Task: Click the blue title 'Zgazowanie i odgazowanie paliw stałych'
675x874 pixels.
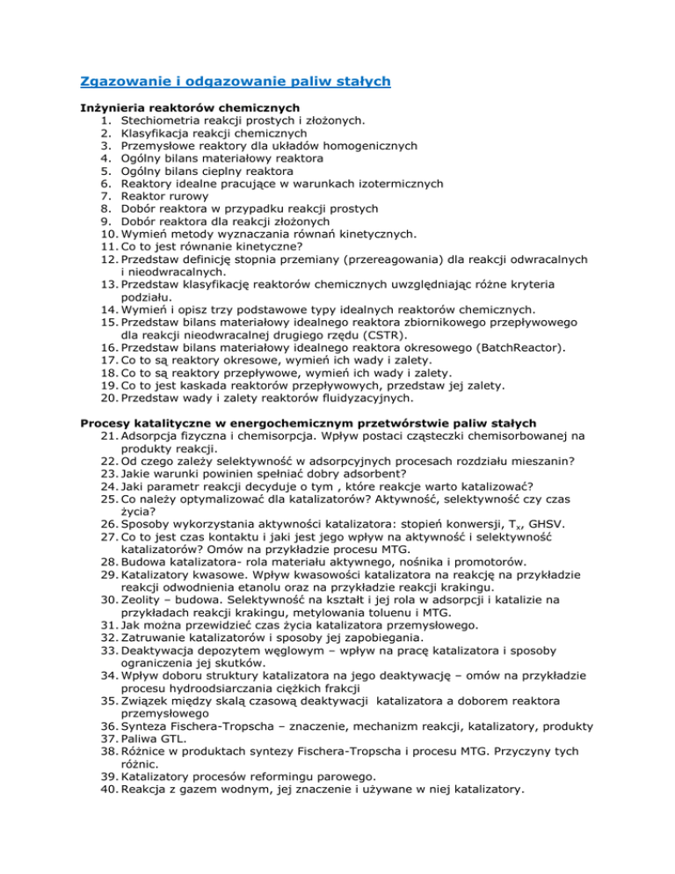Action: (x=235, y=82)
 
